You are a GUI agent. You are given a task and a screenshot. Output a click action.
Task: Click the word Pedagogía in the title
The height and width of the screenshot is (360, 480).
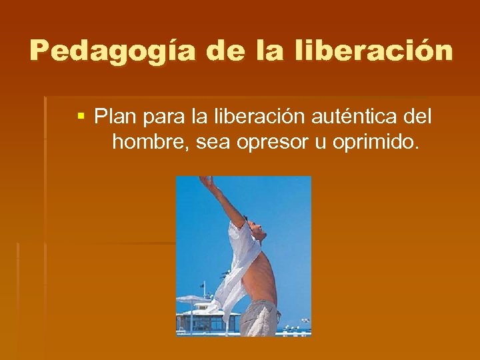[112, 51]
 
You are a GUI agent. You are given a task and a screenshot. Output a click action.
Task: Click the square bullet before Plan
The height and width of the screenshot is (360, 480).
[81, 117]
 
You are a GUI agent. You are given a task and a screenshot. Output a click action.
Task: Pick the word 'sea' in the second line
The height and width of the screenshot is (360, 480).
[215, 142]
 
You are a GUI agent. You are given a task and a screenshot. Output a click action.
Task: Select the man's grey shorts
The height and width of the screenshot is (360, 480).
[259, 318]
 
